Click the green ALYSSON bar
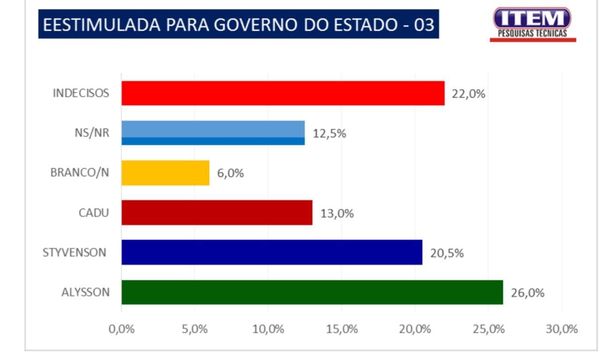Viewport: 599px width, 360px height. (x=312, y=292)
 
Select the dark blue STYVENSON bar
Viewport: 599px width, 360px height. (x=272, y=252)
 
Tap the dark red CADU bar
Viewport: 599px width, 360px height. (x=217, y=213)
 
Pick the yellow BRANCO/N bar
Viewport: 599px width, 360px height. (x=165, y=173)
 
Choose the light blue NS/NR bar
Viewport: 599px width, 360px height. (x=213, y=133)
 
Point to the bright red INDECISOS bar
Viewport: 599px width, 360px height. (x=283, y=93)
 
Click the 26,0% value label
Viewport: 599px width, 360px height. (x=527, y=293)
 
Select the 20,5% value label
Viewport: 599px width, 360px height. (x=447, y=253)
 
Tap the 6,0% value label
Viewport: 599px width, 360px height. (x=230, y=173)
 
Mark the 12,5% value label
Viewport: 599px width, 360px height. (x=329, y=133)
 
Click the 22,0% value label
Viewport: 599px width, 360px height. (x=468, y=94)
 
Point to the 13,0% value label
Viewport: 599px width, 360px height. (x=337, y=213)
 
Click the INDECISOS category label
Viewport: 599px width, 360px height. (x=80, y=93)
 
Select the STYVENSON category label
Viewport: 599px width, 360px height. (x=74, y=253)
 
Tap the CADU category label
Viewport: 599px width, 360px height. (x=94, y=213)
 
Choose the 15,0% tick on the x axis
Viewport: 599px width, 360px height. (x=342, y=329)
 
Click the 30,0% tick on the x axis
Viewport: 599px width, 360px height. (x=562, y=329)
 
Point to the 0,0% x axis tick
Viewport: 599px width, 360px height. (x=122, y=329)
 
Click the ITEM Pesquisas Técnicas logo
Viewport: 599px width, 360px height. (x=533, y=24)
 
